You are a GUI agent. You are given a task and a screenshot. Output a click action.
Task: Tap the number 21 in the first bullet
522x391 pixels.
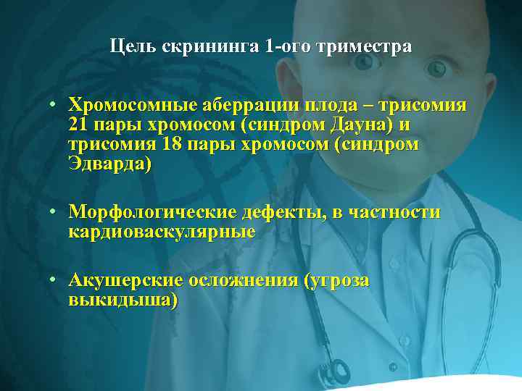[78, 125]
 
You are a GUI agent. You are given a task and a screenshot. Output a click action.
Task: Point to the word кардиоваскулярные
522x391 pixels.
[161, 232]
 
